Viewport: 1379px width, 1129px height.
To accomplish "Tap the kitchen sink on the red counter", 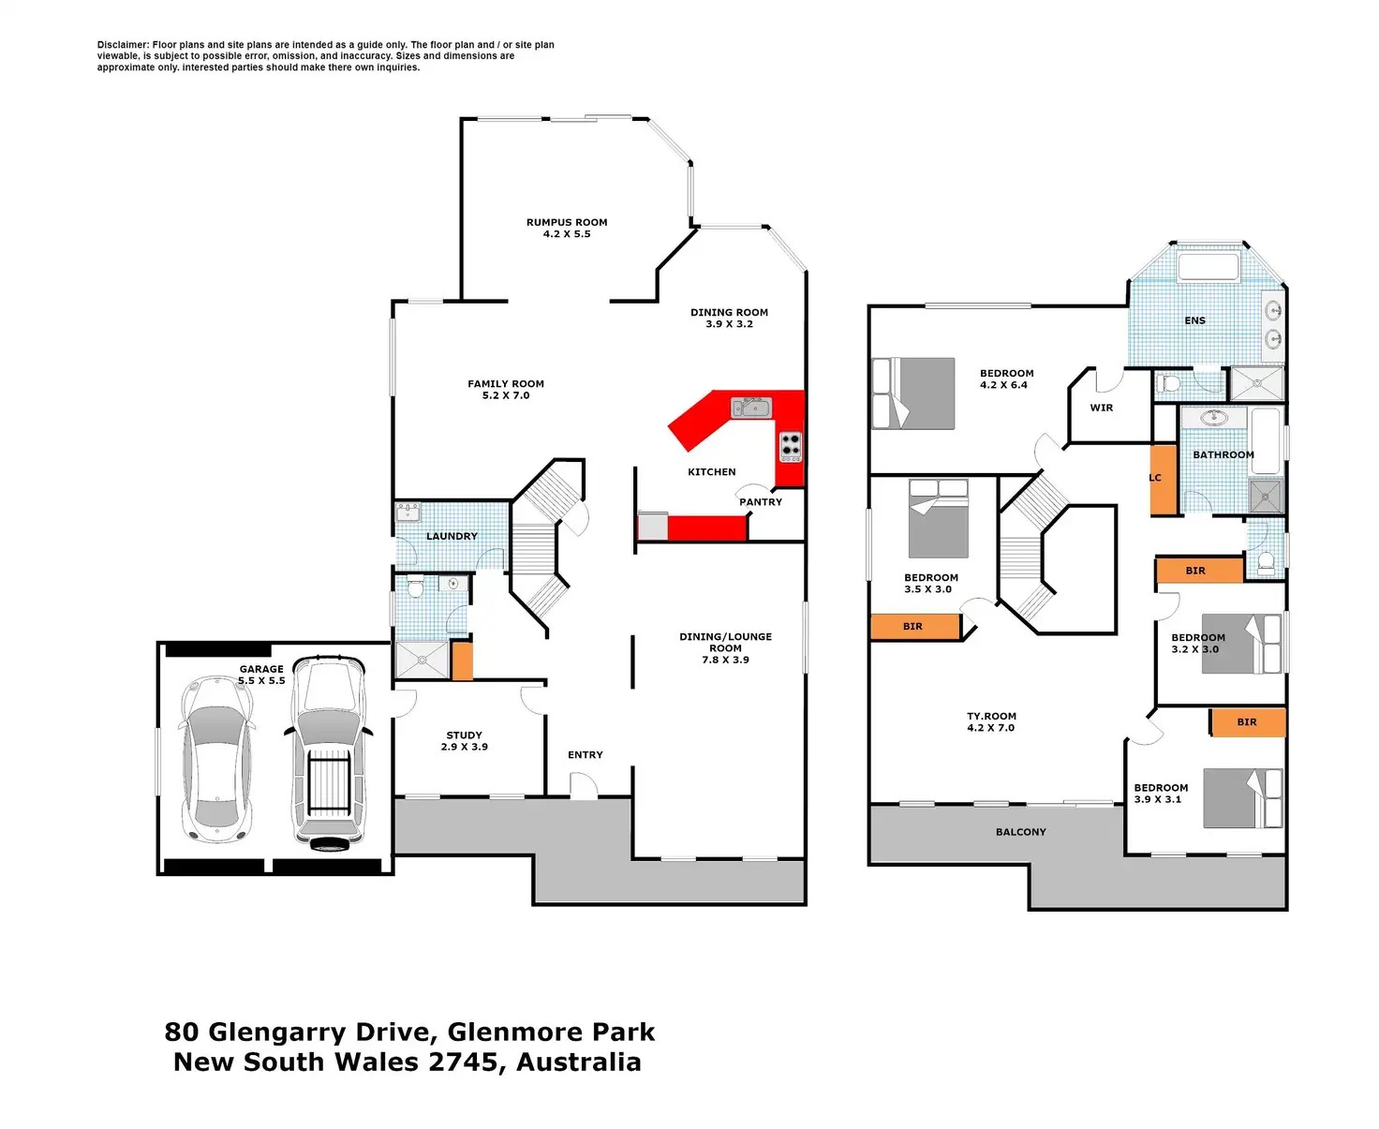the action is point(750,408).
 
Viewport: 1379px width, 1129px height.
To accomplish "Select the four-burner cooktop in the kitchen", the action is point(791,447).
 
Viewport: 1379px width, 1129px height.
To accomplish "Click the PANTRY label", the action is point(761,502).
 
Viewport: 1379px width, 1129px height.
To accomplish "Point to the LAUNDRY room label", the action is point(452,537).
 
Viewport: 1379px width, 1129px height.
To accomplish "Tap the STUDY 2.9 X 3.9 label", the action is point(465,741).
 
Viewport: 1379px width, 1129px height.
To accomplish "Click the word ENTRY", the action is point(586,755).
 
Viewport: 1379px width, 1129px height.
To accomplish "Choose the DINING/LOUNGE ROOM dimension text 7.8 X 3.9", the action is point(726,661).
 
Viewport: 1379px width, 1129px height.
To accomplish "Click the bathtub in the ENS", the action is point(1208,267).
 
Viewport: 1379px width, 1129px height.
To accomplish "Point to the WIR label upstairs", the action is point(1102,409).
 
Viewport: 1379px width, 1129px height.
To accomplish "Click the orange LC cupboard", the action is point(1164,479).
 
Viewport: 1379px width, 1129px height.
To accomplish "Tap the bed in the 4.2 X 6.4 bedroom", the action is point(913,394).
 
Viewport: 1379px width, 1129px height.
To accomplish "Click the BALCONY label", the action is point(1021,832).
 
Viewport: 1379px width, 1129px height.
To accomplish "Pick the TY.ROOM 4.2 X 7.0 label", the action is point(991,722).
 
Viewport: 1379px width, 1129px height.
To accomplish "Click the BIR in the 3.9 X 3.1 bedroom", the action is point(1247,722).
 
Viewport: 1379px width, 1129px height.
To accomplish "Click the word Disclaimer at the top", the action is point(123,45).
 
